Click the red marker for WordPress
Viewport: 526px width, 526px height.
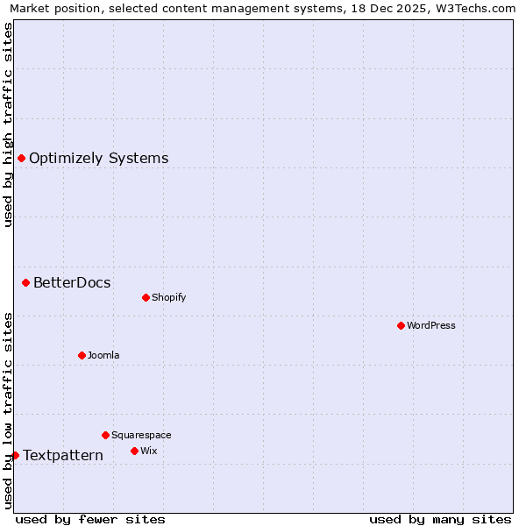(x=401, y=325)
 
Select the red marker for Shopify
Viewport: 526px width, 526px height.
(x=146, y=297)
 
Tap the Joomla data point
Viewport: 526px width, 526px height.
(x=82, y=355)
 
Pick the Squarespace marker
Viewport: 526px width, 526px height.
(x=105, y=435)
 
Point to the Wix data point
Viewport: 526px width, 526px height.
(x=134, y=451)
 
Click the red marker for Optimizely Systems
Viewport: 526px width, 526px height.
(x=21, y=158)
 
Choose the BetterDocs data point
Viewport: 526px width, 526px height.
(x=25, y=282)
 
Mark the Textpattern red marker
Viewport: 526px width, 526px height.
(x=15, y=455)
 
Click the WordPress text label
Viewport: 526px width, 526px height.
(x=431, y=325)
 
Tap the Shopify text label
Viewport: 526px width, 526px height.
(x=169, y=297)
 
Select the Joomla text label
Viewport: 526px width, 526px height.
(x=103, y=355)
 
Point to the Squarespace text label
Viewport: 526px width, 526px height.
(x=141, y=435)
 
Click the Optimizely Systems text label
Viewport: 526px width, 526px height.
(x=99, y=159)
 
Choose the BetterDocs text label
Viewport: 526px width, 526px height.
(x=72, y=282)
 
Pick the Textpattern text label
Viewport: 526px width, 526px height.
(x=63, y=456)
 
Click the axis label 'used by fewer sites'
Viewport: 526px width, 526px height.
(x=90, y=519)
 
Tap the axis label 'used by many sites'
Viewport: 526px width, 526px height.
(x=440, y=519)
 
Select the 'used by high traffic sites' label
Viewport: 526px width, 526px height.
(x=8, y=124)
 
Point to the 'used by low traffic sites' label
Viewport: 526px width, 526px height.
(x=8, y=410)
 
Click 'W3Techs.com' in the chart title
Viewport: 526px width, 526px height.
(x=480, y=8)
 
